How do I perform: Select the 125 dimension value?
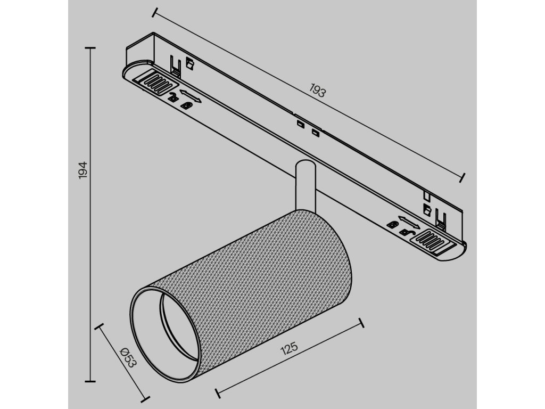(288, 350)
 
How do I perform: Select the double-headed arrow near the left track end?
(191, 96)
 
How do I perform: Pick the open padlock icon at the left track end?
(174, 97)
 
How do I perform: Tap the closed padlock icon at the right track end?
(393, 224)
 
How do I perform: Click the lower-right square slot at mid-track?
(316, 132)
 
